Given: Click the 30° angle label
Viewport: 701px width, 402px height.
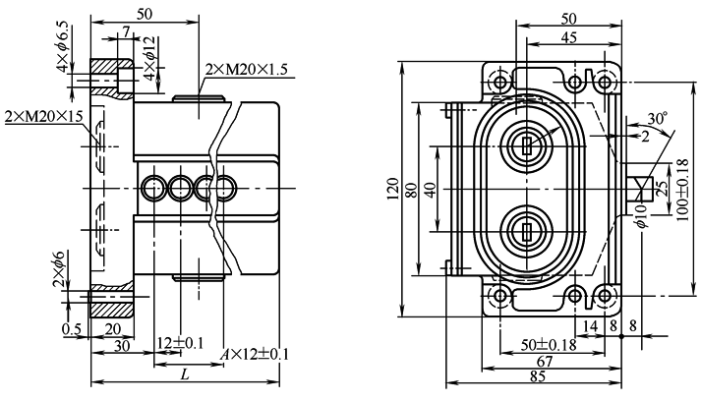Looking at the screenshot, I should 656,116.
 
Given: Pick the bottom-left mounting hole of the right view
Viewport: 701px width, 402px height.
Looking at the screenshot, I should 499,296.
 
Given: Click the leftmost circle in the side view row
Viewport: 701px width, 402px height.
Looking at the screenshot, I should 155,187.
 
